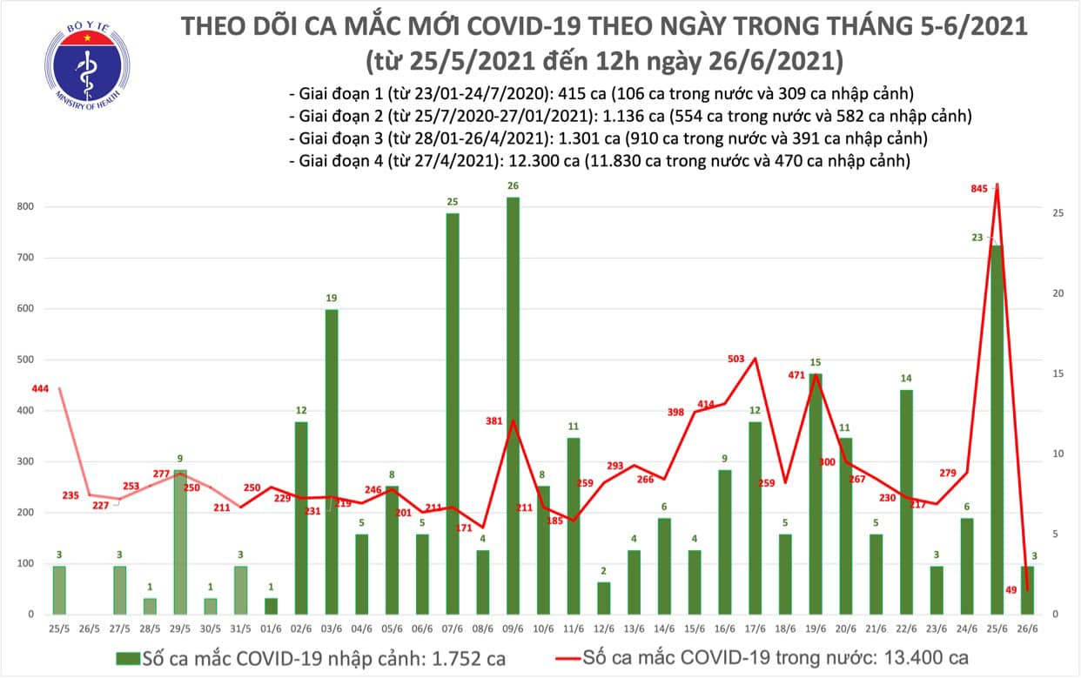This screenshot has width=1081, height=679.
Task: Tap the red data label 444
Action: coord(40,388)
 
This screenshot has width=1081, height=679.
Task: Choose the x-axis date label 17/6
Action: coord(755,629)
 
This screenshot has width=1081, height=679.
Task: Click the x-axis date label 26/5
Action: coord(90,629)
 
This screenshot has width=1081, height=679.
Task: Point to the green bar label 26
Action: coord(513,185)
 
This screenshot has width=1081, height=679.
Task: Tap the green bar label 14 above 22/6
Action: coord(906,379)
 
